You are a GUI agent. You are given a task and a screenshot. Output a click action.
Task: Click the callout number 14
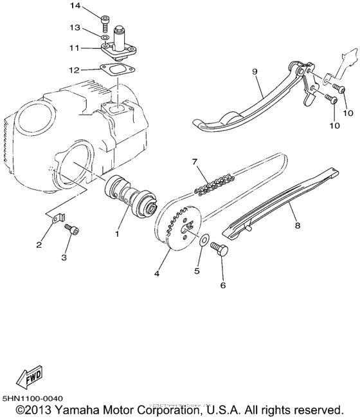75,6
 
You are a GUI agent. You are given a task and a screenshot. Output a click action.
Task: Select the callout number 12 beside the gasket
75,70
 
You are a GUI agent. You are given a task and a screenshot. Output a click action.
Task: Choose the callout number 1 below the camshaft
117,234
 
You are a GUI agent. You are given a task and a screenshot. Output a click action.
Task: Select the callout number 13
75,28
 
